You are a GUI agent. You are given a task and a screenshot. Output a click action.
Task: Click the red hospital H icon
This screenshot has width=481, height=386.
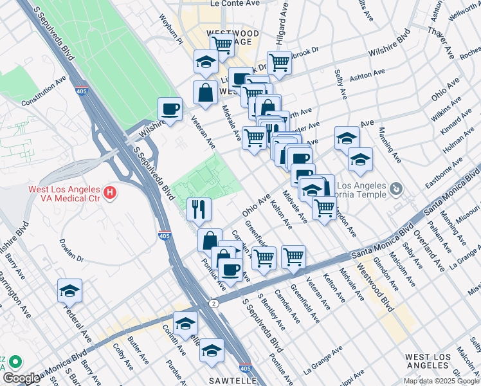[111, 192]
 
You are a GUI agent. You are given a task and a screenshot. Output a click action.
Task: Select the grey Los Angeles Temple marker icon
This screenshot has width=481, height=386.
[395, 188]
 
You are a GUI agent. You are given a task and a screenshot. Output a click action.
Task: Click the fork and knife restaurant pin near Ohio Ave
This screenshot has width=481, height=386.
[199, 208]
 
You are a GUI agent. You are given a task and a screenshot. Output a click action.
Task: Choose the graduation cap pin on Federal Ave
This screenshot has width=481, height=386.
[69, 290]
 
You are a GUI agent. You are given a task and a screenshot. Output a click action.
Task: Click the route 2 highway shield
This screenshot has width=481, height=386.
[212, 302]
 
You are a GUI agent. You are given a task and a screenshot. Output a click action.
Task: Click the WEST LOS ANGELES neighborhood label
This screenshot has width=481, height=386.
[432, 361]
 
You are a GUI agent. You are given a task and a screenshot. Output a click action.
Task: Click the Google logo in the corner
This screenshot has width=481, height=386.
[21, 378]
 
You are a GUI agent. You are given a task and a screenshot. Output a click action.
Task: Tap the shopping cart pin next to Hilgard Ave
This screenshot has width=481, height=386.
[279, 62]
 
